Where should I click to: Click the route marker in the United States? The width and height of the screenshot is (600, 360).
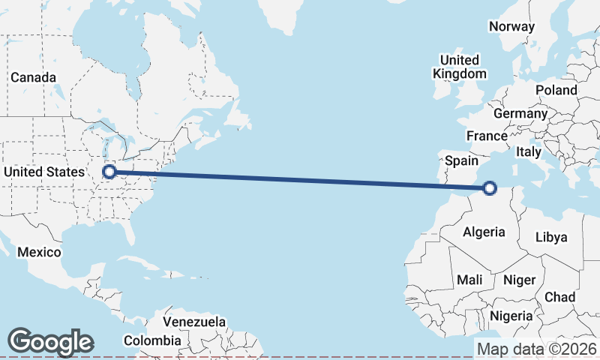click(109, 172)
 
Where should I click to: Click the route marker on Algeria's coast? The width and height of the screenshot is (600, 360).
click(490, 188)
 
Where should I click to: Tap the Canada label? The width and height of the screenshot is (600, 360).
click(33, 77)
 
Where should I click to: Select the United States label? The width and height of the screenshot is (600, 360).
click(44, 172)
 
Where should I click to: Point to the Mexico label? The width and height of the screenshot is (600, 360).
click(39, 252)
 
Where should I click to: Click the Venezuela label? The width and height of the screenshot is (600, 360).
click(194, 322)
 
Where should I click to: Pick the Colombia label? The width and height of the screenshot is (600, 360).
click(152, 340)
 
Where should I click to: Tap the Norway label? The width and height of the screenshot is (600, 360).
click(511, 26)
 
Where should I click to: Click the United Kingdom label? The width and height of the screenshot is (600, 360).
click(460, 67)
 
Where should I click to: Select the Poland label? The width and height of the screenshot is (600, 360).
click(556, 90)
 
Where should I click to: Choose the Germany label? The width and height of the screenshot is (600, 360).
click(520, 113)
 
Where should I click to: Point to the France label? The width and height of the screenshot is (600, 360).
click(487, 136)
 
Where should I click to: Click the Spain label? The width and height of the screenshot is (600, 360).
click(461, 160)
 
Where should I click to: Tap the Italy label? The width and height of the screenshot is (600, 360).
click(529, 151)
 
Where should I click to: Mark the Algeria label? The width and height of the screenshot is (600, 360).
click(484, 232)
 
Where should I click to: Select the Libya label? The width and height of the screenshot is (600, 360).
click(551, 237)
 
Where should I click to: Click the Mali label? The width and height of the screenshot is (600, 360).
click(469, 280)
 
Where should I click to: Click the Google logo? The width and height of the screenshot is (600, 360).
click(50, 342)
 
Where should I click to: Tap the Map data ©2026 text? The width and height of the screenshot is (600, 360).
click(537, 349)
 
